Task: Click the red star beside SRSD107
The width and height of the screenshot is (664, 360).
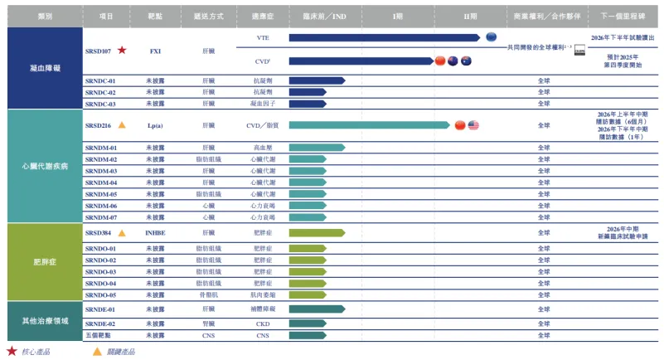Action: point(122,51)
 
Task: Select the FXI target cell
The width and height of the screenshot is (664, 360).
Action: point(155,51)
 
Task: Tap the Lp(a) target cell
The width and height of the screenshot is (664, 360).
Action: point(155,125)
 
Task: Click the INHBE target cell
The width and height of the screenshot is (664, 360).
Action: point(155,233)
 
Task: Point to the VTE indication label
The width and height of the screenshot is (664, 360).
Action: point(263,38)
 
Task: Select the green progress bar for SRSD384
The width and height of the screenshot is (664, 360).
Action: point(316,233)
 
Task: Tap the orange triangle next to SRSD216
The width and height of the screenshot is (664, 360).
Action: point(121,125)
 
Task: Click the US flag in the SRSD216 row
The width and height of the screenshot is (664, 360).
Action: point(473,125)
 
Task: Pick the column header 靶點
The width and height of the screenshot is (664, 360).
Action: point(155,16)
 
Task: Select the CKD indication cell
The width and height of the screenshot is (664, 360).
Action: point(263,324)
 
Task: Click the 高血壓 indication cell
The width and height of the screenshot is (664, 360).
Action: point(263,147)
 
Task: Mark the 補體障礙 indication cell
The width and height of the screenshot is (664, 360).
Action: point(263,309)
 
